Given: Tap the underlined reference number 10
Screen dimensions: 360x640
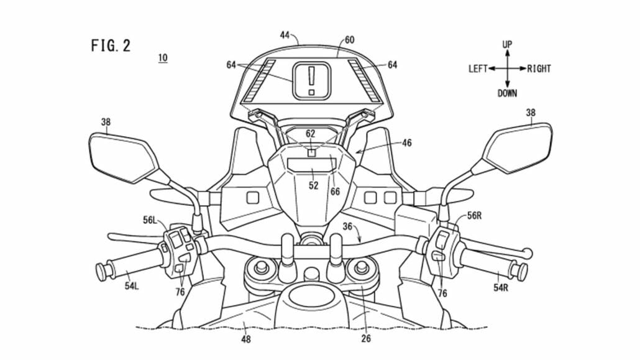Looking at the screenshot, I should [x=162, y=58].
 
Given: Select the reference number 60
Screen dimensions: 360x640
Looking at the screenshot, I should [x=350, y=40].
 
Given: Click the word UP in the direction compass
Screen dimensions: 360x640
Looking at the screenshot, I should [x=507, y=44].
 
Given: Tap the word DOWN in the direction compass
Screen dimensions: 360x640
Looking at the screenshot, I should [x=507, y=93].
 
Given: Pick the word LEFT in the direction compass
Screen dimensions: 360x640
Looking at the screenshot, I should [x=478, y=69].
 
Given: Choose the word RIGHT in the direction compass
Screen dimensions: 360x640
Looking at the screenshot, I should [x=539, y=69].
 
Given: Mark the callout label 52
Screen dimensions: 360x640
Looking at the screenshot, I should [x=314, y=185].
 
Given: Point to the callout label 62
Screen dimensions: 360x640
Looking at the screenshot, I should [x=311, y=134].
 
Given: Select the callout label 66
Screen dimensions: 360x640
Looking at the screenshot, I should [x=335, y=192].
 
